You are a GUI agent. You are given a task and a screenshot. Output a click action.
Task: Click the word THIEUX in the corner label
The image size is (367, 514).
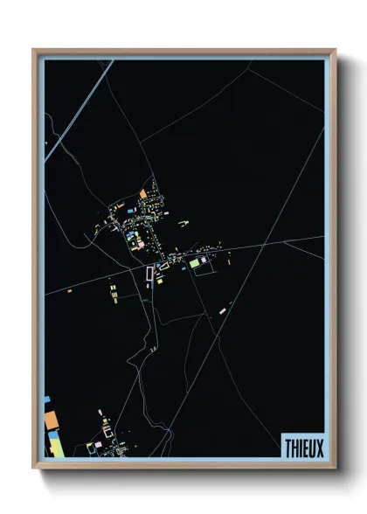click(x=302, y=446)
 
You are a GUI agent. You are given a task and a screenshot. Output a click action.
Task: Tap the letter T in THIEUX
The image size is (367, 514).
click(x=287, y=446)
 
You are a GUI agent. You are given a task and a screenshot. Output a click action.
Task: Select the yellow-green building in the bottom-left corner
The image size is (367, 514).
click(x=54, y=447)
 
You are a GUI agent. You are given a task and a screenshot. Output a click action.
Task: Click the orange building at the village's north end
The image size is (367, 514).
click(x=144, y=193)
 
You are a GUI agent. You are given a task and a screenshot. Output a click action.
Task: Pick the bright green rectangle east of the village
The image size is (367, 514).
click(x=195, y=262)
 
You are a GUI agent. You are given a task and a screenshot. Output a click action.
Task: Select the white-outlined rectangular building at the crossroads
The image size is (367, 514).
click(x=149, y=274)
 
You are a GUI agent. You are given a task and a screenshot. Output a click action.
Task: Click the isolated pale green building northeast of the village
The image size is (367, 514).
click(x=185, y=224)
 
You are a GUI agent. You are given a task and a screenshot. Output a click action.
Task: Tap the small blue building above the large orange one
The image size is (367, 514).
click(x=47, y=399)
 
